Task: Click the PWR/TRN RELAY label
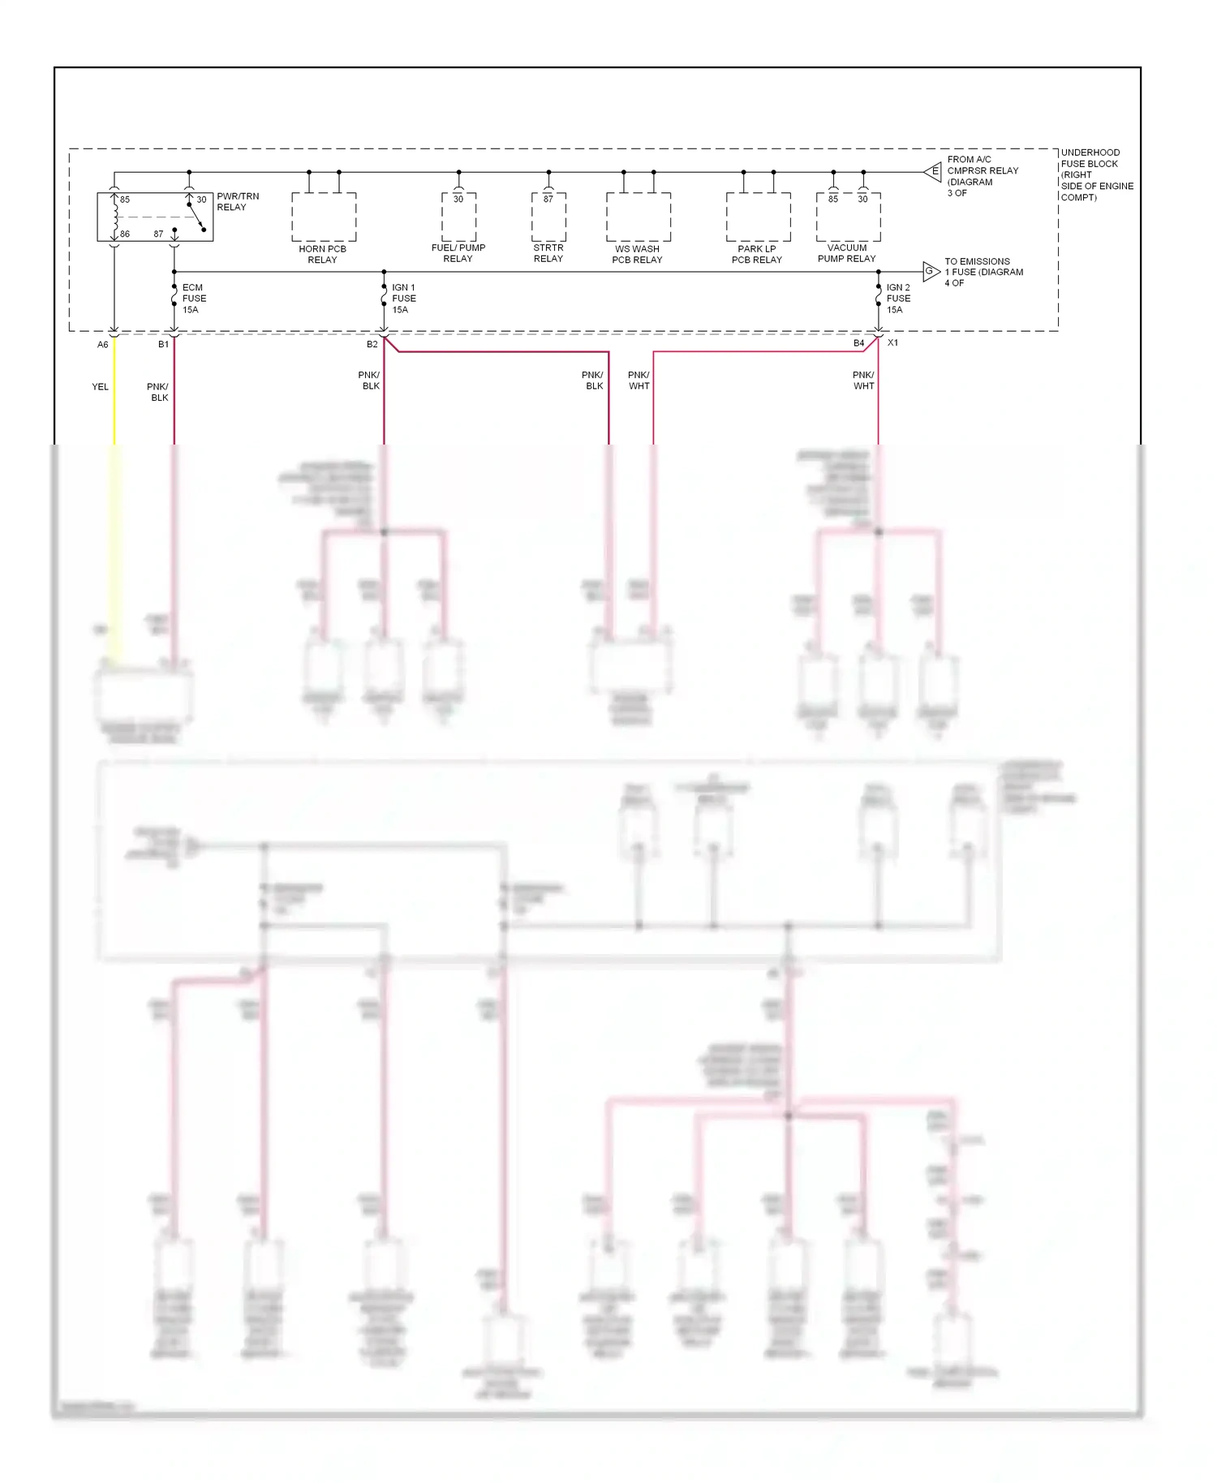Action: click(237, 202)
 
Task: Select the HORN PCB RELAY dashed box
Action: click(324, 217)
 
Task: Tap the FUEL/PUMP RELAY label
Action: click(458, 253)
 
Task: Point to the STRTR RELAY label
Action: click(548, 253)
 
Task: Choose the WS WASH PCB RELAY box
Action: click(638, 217)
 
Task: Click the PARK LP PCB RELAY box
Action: click(758, 217)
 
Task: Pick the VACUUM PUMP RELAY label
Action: click(846, 253)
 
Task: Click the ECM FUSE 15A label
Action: click(193, 299)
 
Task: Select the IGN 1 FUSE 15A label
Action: click(403, 299)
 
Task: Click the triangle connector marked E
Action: click(933, 171)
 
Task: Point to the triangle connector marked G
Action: click(930, 271)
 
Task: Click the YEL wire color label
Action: click(100, 387)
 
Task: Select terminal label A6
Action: click(103, 345)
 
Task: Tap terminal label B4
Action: click(858, 343)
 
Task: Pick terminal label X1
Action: click(892, 343)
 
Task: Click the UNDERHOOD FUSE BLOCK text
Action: click(1095, 174)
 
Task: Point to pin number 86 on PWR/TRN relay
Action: click(124, 234)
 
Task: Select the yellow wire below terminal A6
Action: click(114, 406)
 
